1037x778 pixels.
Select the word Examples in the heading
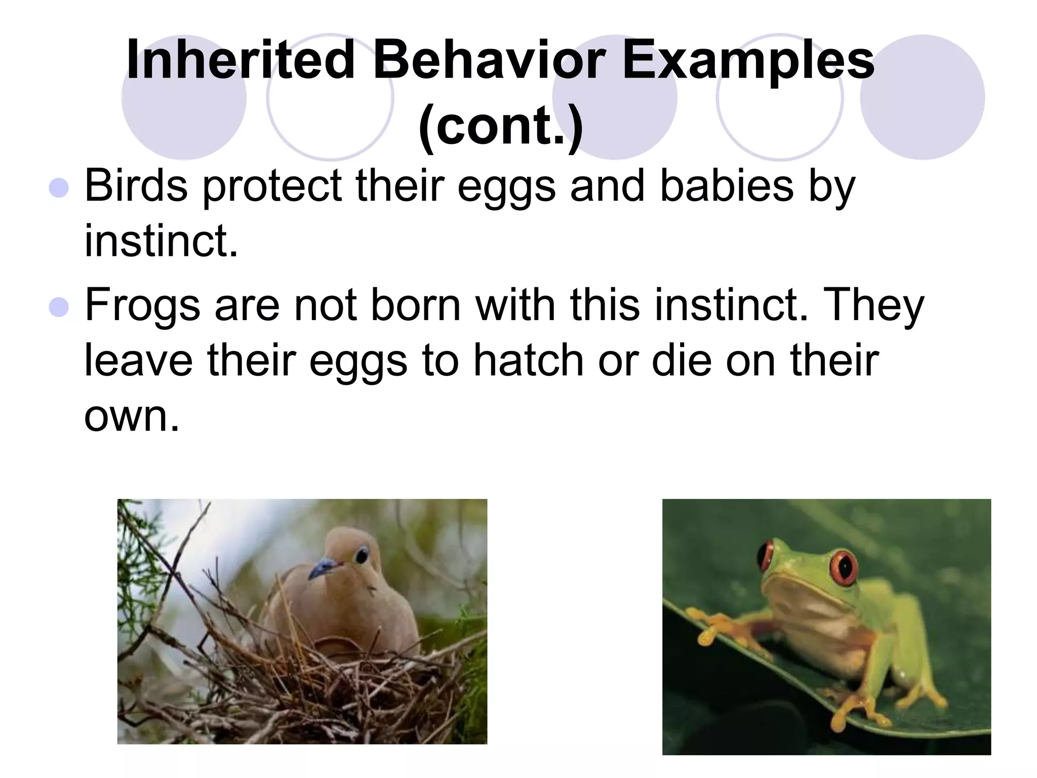[x=748, y=61]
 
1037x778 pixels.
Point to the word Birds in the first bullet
[x=136, y=186]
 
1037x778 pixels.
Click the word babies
[x=727, y=186]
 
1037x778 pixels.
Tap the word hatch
[x=529, y=361]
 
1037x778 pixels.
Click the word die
[x=682, y=361]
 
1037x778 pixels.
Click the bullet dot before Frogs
[x=59, y=306]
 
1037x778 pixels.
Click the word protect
[x=272, y=186]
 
